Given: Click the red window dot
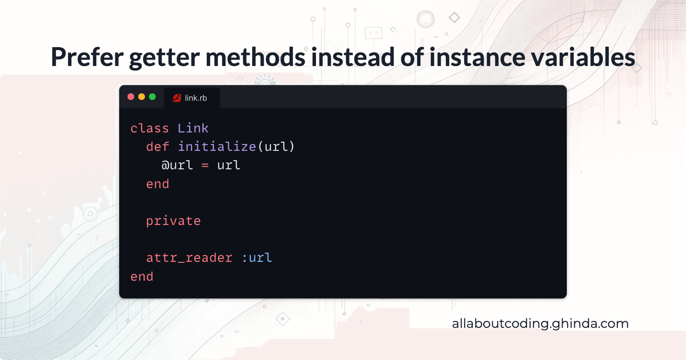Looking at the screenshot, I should tap(131, 97).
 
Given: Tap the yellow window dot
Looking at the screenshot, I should tap(141, 97).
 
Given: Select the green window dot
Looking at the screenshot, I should tap(152, 97).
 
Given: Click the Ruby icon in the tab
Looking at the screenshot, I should tap(177, 98).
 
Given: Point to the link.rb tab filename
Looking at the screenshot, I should tap(196, 98).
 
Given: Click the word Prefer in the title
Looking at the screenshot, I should tap(87, 57).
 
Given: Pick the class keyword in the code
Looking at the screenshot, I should tap(150, 128).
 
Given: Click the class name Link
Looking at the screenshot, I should tap(193, 128).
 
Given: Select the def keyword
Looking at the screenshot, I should tap(157, 147).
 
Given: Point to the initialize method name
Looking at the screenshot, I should tap(217, 147).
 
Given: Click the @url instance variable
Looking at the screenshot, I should tap(177, 165).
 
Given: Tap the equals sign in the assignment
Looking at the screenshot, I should tap(205, 165).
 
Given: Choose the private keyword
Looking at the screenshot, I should tap(173, 221).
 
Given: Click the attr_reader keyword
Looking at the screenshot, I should tap(189, 258).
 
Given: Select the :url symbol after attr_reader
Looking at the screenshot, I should tap(257, 258).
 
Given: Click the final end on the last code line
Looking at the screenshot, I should tap(142, 277).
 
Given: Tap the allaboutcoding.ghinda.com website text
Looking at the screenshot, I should tap(540, 324).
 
